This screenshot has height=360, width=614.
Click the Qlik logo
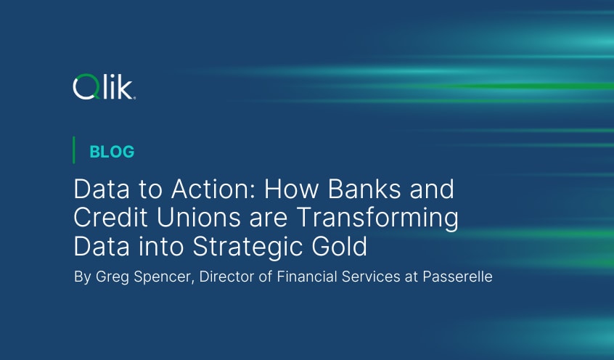104,87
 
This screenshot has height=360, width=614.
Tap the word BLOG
112,152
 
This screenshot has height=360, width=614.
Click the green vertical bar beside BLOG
75,150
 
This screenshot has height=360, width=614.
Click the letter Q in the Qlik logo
84,88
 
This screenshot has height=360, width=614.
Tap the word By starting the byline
82,278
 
